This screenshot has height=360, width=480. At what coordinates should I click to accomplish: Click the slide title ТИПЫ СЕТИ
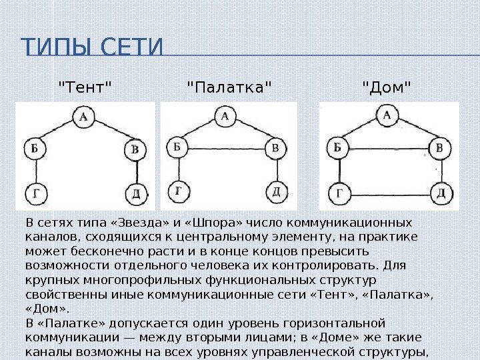[x=92, y=49]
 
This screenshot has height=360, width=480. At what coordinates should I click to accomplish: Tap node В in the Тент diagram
[x=135, y=149]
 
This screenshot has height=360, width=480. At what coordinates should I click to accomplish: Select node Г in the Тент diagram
[x=33, y=193]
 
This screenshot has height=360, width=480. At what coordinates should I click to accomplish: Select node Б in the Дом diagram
[x=338, y=147]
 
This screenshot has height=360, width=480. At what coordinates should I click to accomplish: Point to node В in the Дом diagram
[x=439, y=147]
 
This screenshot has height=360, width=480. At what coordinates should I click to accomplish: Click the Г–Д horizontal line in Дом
[x=389, y=194]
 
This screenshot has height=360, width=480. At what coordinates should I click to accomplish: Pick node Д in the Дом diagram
[x=439, y=194]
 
